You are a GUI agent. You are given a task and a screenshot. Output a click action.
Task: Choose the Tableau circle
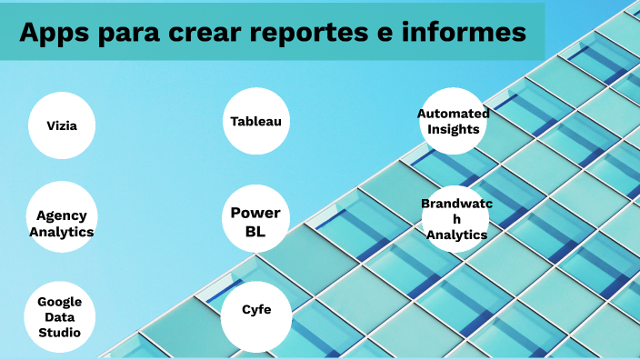[255, 121]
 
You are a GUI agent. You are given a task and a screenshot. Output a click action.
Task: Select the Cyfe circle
[255, 310]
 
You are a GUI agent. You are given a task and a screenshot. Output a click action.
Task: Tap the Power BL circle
[255, 221]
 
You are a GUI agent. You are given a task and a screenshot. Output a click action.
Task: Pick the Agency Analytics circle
[61, 224]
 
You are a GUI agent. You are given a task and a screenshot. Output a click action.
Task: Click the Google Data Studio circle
[60, 316]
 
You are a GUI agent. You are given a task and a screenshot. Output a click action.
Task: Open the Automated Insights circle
[453, 121]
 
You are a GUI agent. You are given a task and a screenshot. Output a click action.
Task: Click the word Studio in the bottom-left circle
[60, 333]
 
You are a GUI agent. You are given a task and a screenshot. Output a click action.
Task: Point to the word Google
[60, 301]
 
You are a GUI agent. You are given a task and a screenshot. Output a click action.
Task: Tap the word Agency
[62, 215]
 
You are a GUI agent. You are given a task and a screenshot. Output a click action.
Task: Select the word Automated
[453, 113]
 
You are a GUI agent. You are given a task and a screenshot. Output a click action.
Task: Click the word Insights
[453, 129]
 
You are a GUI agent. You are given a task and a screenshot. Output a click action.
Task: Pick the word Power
[255, 212]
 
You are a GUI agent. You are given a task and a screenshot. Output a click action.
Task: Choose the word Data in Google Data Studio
[60, 316]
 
